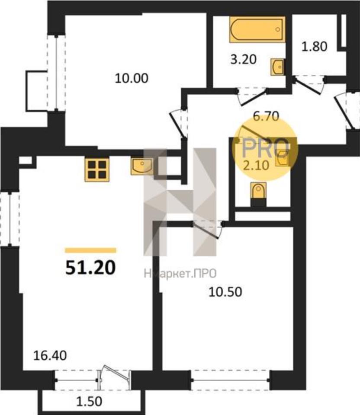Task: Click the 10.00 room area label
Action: coord(132,78)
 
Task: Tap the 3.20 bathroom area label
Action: coord(244,60)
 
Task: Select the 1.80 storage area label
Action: coord(315,47)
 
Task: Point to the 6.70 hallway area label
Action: coord(266,116)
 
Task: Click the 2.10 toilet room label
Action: coord(256,166)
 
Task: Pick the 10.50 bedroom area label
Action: coord(225,292)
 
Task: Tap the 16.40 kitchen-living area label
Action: coord(50,356)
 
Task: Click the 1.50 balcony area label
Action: coord(89,402)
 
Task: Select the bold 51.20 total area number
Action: coord(90,267)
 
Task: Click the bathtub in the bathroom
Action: coord(257,29)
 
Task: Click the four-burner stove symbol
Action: coord(97,169)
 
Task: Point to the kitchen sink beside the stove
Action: coord(142,166)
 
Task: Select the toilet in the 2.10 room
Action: coord(258,191)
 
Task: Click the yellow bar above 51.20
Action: coord(90,250)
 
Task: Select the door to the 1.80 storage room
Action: coord(309,85)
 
